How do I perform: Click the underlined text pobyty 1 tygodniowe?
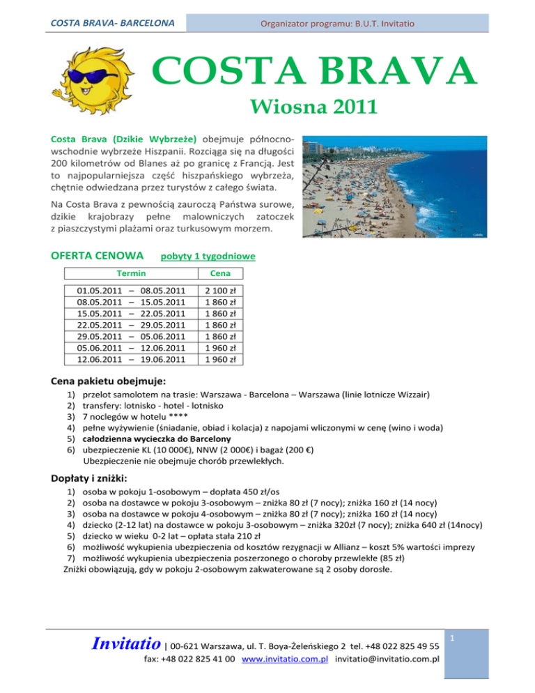pyautogui.click(x=208, y=257)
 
